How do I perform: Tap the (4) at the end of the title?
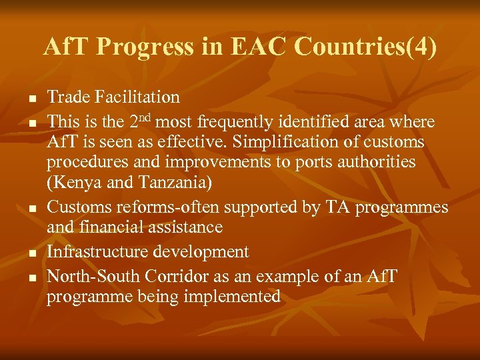(423, 47)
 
